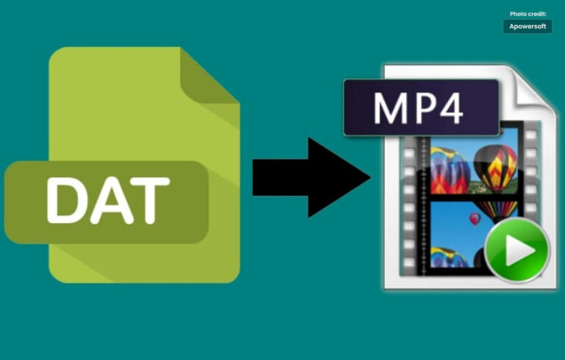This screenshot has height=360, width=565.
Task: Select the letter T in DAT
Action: (149, 200)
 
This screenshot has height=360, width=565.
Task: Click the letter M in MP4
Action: (391, 108)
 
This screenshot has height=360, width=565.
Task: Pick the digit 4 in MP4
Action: (450, 108)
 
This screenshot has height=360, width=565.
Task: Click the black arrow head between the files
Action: (339, 177)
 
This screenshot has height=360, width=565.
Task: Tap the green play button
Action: (517, 250)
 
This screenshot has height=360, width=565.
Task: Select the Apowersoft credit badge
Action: (527, 27)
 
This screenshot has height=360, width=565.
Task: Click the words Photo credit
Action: (528, 14)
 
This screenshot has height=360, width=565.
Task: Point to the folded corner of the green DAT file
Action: (210, 77)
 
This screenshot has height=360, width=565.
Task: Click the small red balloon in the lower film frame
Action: (475, 219)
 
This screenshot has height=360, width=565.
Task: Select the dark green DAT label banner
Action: (106, 202)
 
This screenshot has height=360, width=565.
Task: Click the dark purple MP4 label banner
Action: (422, 107)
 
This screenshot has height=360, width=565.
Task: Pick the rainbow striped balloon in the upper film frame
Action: (449, 170)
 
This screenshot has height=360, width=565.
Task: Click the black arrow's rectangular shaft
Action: (280, 177)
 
